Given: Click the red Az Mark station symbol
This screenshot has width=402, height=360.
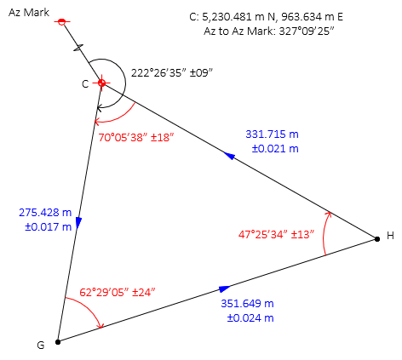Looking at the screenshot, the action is (x=62, y=21).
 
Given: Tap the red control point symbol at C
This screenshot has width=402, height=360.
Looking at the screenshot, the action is (x=101, y=83).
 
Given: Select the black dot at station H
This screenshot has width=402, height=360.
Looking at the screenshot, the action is (x=377, y=239).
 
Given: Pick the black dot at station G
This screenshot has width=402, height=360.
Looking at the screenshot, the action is (x=58, y=342).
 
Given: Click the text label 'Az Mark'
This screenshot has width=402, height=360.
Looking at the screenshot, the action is (x=29, y=13).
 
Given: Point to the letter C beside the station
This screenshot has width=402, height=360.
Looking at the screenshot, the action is (x=85, y=84).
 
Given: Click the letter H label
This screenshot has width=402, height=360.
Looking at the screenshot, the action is (x=390, y=236).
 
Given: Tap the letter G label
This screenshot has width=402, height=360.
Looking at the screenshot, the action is (x=41, y=346).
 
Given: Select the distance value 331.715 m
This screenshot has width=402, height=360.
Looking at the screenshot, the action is (x=272, y=134).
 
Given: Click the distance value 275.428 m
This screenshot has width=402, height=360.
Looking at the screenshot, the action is (x=45, y=213).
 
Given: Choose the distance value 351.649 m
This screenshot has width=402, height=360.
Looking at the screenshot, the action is (x=247, y=304).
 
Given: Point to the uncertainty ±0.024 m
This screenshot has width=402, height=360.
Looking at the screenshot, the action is (x=250, y=318).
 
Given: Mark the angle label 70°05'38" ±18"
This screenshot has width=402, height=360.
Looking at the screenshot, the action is (x=136, y=138).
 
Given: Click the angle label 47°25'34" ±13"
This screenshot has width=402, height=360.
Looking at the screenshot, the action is (x=276, y=235).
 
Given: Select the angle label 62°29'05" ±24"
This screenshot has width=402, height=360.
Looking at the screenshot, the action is (x=118, y=292).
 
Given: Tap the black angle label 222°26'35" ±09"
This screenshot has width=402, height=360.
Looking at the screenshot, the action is (x=172, y=73).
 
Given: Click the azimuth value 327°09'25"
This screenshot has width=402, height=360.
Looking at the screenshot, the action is (x=306, y=31).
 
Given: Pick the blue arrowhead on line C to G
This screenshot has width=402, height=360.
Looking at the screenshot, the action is (x=78, y=223).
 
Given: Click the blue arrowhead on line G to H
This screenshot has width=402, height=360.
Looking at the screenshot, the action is (x=225, y=289).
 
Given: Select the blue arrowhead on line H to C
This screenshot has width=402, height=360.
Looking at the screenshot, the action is (x=229, y=156).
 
